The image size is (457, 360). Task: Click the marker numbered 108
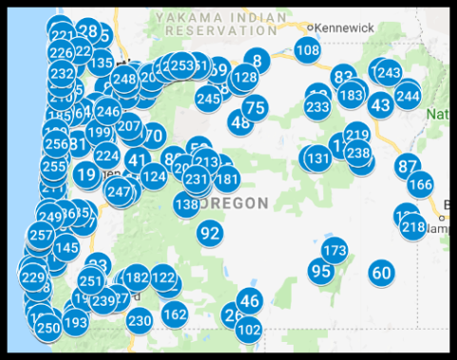[x=307, y=50]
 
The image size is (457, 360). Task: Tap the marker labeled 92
[x=210, y=233]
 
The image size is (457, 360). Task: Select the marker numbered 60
[x=381, y=274]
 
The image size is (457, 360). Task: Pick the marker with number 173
[x=334, y=251]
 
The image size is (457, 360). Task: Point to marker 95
[x=321, y=271]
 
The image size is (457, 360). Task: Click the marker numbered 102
[x=249, y=330]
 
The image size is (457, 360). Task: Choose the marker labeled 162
[x=175, y=313]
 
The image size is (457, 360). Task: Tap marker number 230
[x=140, y=320]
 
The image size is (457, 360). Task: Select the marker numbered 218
[x=413, y=227]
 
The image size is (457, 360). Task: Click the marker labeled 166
[x=420, y=184]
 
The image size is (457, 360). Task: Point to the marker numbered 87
[x=408, y=166]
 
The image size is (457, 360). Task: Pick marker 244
[x=408, y=95]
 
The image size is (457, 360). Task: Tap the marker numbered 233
[x=317, y=107]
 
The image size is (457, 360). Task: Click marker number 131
[x=317, y=159]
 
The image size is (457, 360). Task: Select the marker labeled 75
[x=255, y=108]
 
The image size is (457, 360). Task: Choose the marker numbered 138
[x=187, y=203]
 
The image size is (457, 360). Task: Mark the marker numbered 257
[x=41, y=235]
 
